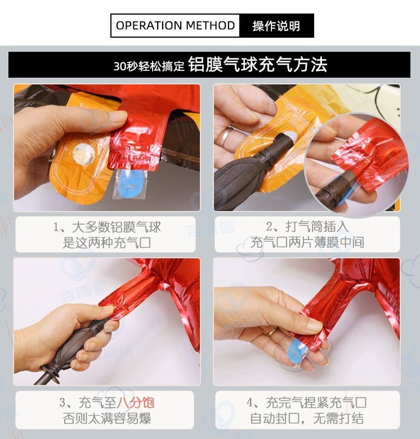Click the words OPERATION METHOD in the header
click(x=175, y=25)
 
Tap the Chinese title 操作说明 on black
click(x=276, y=26)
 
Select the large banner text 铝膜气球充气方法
click(x=258, y=65)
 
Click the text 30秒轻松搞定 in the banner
click(x=149, y=66)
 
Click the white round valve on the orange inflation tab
click(x=83, y=154)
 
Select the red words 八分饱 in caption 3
click(x=135, y=402)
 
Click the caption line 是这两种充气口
click(x=106, y=243)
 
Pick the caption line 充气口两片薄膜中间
click(x=307, y=242)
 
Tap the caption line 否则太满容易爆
click(x=106, y=418)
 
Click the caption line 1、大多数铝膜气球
click(x=107, y=227)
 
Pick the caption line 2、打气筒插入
click(x=307, y=226)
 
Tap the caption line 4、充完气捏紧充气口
click(x=307, y=402)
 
